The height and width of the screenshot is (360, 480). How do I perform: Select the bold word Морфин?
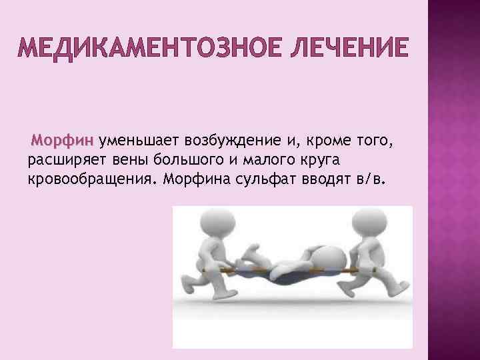[64, 141]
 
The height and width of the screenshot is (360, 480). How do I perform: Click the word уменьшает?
[139, 141]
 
